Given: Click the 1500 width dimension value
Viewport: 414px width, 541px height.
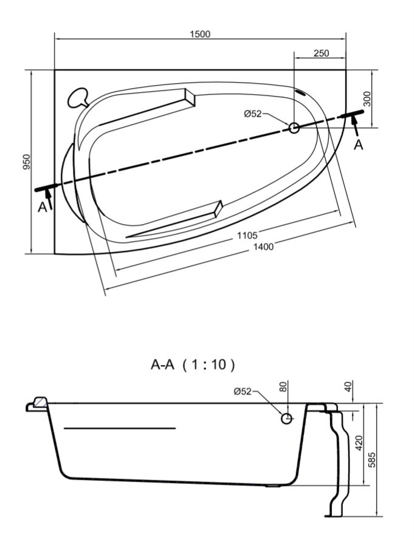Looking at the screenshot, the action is coord(200,34).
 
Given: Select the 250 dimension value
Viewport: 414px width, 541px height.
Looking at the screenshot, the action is coord(322,53).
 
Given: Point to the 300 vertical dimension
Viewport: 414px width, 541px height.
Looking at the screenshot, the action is coord(367,99).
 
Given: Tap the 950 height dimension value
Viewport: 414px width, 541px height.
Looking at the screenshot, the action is coord(27,162).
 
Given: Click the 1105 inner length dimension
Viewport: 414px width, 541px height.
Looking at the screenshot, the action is coord(247,236).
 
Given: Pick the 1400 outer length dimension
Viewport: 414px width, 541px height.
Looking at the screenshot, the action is coord(264,247).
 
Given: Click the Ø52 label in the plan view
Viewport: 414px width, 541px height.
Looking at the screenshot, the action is coord(253,114).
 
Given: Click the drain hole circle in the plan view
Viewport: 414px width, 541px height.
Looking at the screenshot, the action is coord(294,128).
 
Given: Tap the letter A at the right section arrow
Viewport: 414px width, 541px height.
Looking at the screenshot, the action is coord(359,145).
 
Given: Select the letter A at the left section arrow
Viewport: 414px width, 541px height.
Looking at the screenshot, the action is coord(42,207).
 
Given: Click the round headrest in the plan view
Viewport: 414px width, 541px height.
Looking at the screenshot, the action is coord(77,98).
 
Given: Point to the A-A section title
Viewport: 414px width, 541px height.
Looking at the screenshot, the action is coord(162,364).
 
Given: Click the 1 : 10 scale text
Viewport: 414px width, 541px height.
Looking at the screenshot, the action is coord(209,364).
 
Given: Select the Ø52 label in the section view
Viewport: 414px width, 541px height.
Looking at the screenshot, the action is coord(243,391).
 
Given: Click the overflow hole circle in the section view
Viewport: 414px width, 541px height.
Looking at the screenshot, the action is coord(286,418).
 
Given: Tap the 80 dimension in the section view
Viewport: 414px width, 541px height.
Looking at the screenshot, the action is coord(283,387).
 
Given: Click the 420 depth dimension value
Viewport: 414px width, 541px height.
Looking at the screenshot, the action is coord(359,443).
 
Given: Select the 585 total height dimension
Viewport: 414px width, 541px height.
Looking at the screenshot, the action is coord(371,460).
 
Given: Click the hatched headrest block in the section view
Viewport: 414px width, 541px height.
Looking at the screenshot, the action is coord(41,401).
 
